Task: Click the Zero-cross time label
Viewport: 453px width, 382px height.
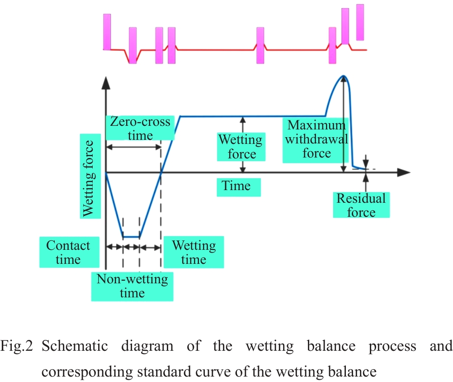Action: (140, 128)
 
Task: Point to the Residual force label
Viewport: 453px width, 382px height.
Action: (361, 205)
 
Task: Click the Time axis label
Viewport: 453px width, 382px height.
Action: (238, 186)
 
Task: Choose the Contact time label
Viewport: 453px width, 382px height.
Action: (68, 252)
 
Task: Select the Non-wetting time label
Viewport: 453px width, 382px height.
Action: (132, 286)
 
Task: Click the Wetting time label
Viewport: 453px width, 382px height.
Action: (193, 252)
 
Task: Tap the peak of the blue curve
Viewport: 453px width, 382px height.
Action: (344, 76)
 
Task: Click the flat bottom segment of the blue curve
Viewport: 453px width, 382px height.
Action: (131, 237)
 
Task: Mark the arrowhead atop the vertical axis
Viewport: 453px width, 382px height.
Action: (105, 82)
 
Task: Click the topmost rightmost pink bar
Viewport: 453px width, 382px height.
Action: (360, 22)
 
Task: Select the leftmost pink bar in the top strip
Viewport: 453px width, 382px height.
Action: (107, 32)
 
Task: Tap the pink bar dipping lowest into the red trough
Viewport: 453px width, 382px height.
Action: (132, 45)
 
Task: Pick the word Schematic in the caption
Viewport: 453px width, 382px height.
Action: (75, 347)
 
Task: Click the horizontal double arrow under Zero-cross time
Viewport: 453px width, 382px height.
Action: (133, 147)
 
